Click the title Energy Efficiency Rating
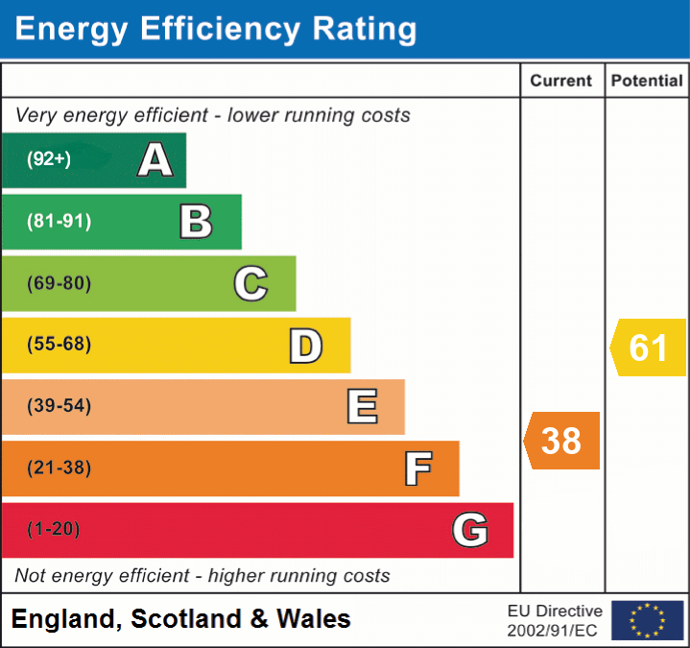coord(216,30)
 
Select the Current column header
coord(561,82)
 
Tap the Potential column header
coord(647,82)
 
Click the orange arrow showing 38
coord(562,441)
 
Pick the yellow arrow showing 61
coord(650,347)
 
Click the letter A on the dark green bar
coord(155,160)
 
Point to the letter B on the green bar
coord(196,222)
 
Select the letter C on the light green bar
coord(250,283)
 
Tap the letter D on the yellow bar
coord(305,346)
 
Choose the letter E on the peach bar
coord(361,407)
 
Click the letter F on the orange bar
coord(416,468)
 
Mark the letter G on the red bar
coord(470,530)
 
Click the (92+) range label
coord(49,159)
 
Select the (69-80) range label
coord(59,283)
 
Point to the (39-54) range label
coord(59,406)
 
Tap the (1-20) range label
coord(54,529)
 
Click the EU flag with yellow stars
coord(647,620)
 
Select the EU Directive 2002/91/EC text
coord(555,620)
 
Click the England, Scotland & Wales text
coord(181,619)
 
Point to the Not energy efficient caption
coord(202,576)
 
